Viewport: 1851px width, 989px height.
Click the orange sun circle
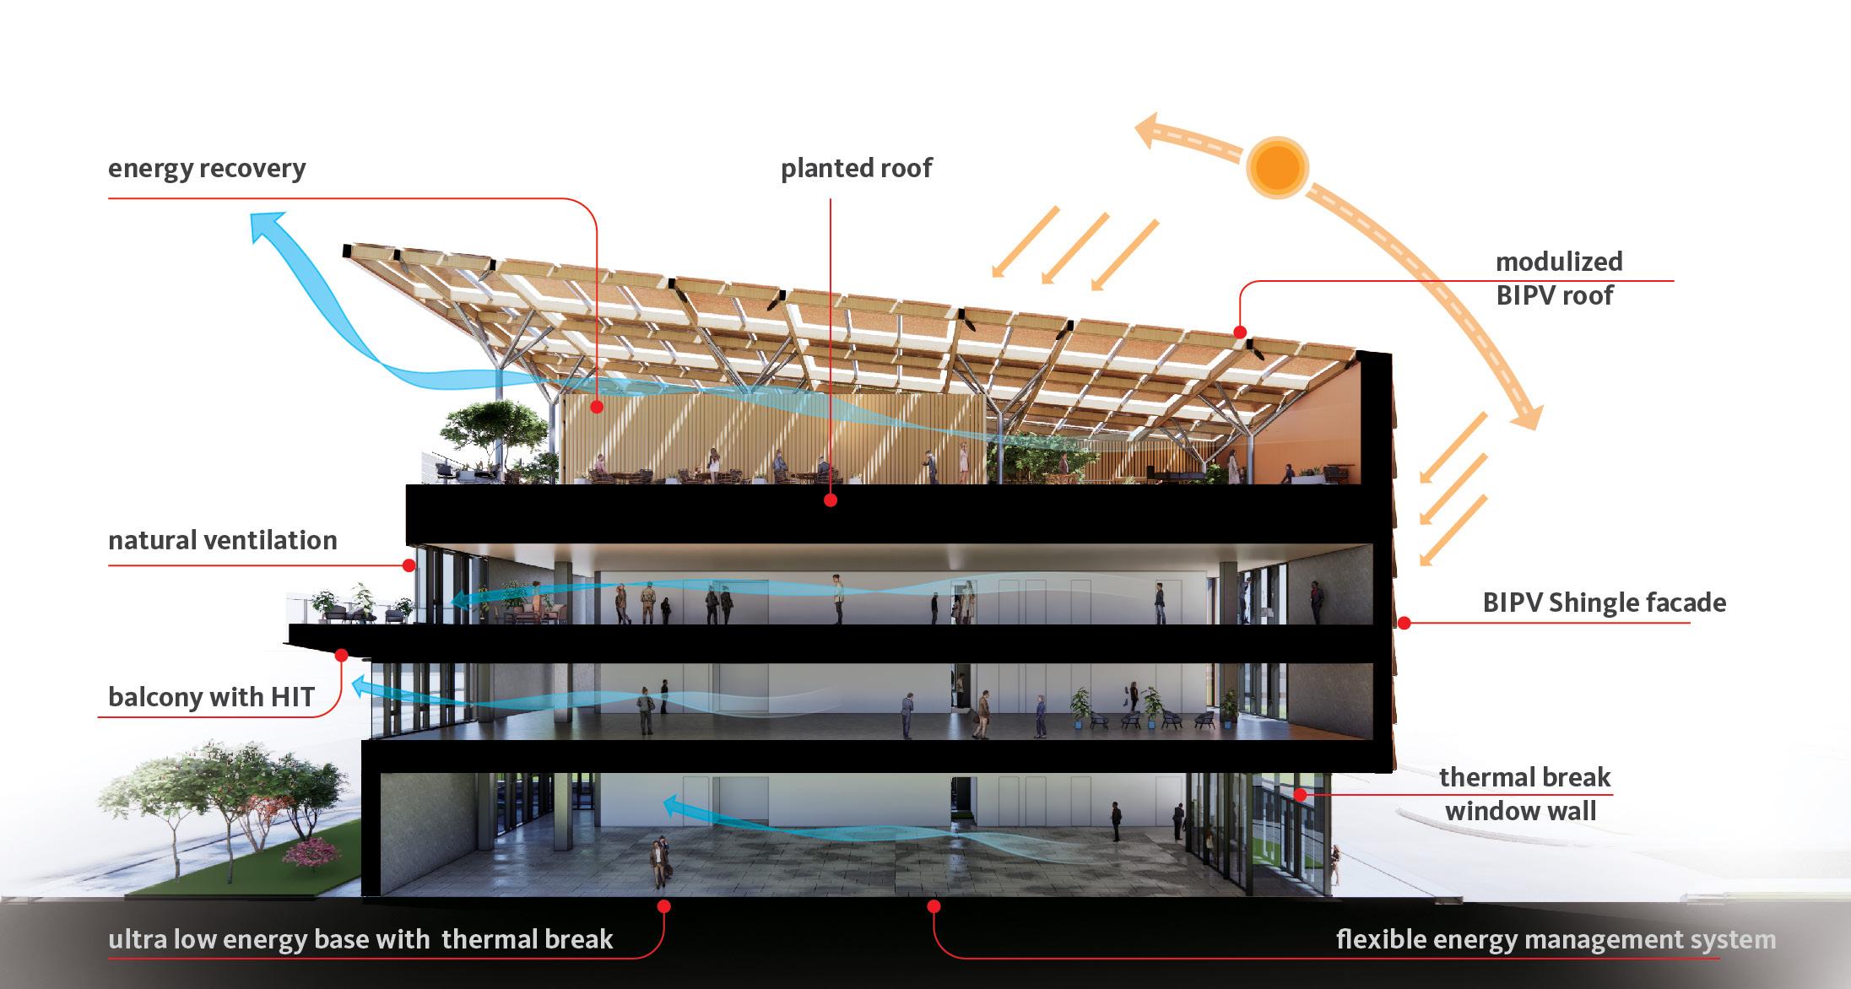pyautogui.click(x=1277, y=168)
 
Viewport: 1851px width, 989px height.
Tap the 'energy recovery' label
pyautogui.click(x=207, y=169)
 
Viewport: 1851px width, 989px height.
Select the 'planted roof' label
pyautogui.click(x=856, y=169)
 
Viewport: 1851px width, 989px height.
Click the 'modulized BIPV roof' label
pyautogui.click(x=1558, y=278)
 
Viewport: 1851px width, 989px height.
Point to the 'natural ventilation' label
pyautogui.click(x=223, y=540)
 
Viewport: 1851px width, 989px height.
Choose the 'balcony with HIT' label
pyautogui.click(x=211, y=697)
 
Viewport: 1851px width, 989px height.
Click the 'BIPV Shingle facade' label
pyautogui.click(x=1604, y=603)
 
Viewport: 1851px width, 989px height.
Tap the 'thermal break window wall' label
pyautogui.click(x=1524, y=794)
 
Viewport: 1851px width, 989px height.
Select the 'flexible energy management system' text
pyautogui.click(x=1556, y=939)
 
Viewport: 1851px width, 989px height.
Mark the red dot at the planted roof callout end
pyautogui.click(x=831, y=500)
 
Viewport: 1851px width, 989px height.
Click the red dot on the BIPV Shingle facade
pyautogui.click(x=1404, y=623)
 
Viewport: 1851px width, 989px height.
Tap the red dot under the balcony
pyautogui.click(x=342, y=654)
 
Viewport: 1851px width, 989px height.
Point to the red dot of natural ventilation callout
pyautogui.click(x=409, y=565)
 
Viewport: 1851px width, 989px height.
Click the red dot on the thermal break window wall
pyautogui.click(x=1301, y=794)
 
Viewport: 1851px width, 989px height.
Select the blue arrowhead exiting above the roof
pyautogui.click(x=264, y=226)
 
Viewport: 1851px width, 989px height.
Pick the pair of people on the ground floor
pyautogui.click(x=658, y=862)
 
